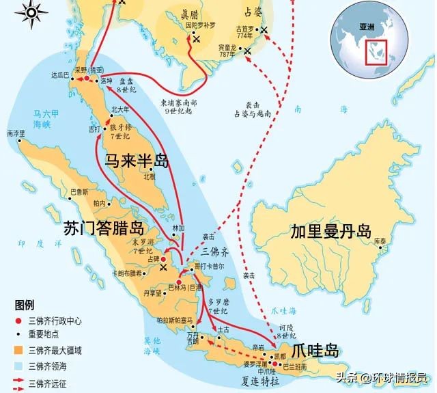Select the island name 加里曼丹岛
point(329,230)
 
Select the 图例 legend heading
point(25,304)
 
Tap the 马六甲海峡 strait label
point(28,118)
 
